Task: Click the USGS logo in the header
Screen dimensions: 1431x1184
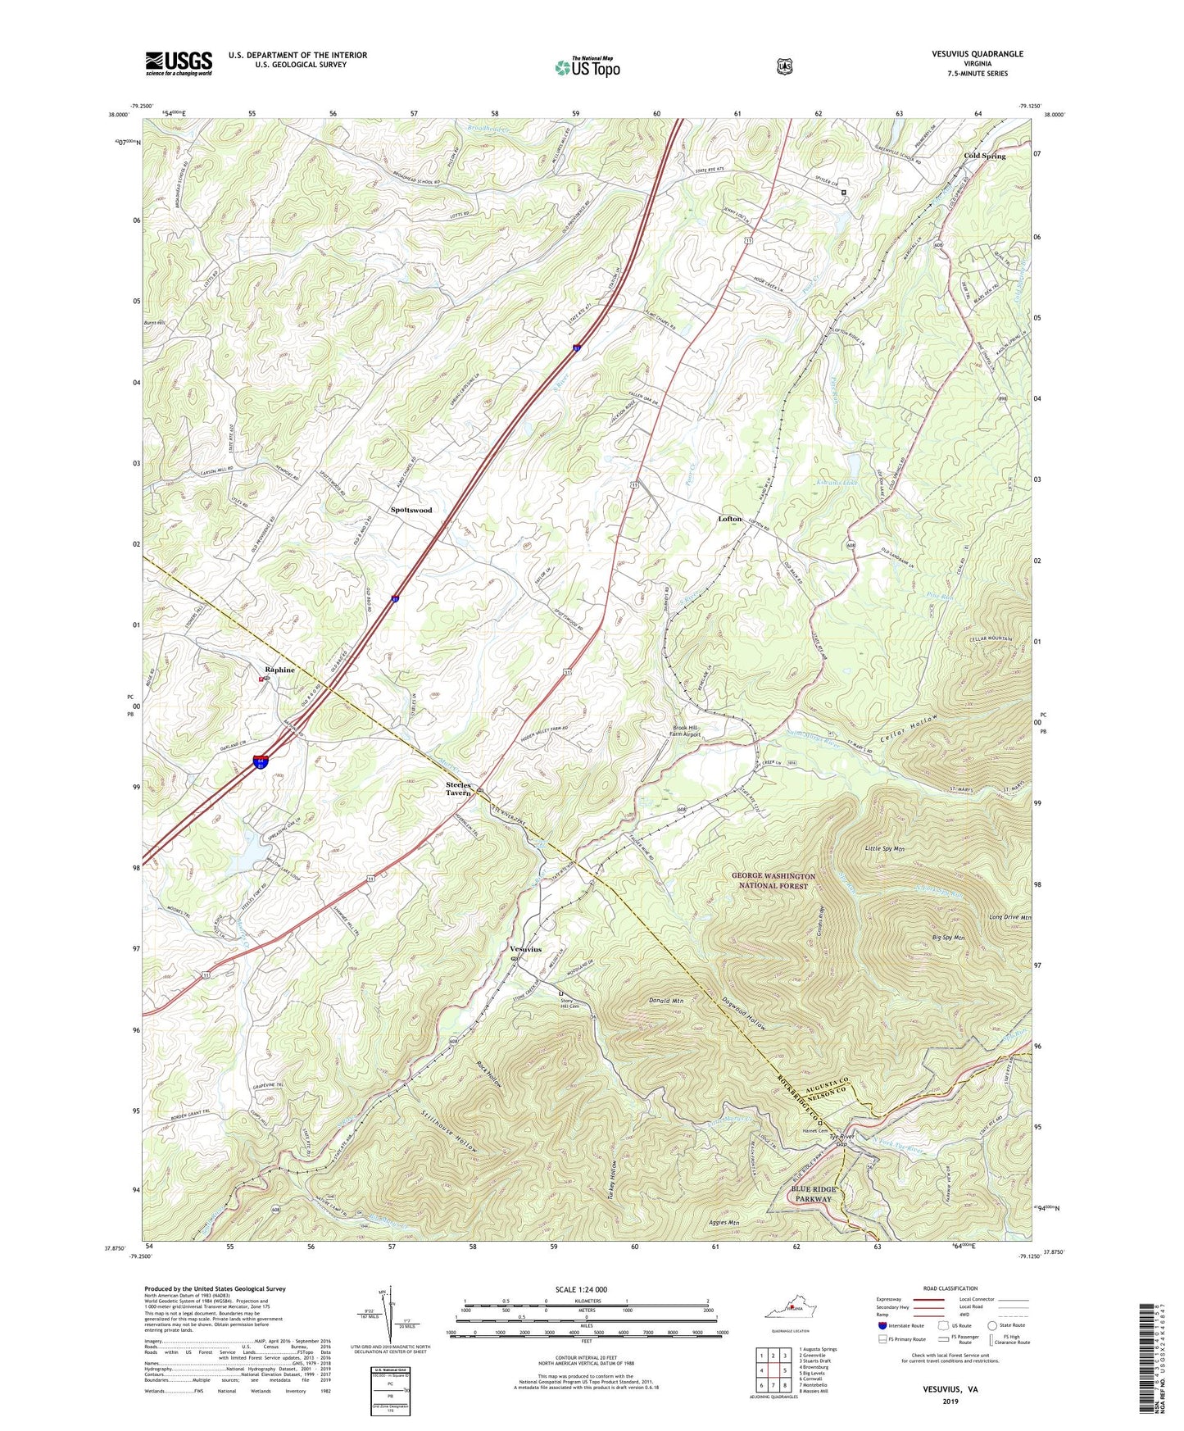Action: [179, 63]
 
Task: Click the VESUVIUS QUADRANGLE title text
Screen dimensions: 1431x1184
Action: [977, 54]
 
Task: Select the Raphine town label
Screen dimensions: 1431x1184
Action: [279, 670]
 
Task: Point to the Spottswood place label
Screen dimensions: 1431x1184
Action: [411, 510]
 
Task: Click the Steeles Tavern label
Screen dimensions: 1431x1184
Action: [458, 788]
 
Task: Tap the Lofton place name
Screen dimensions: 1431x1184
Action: [730, 519]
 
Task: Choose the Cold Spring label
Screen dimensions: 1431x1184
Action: [984, 156]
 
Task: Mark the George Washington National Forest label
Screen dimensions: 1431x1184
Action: [774, 880]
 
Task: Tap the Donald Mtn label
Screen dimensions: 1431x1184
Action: [665, 1001]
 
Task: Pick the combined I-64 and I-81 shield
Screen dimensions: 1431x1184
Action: [260, 762]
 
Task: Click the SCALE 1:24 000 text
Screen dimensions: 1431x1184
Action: [581, 1289]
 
